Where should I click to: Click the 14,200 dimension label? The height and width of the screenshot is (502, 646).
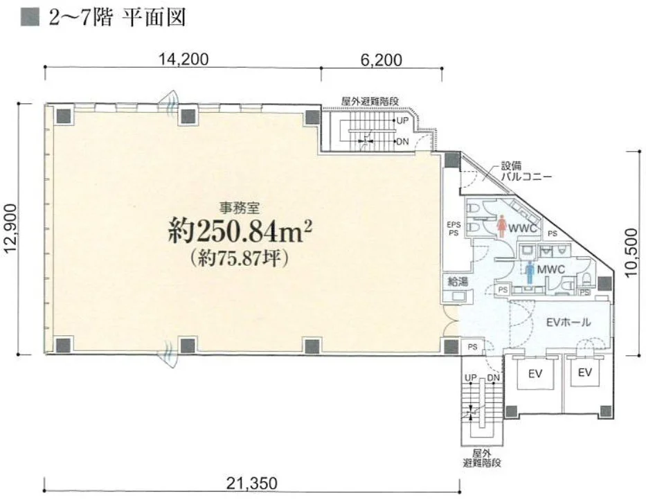[x=183, y=60]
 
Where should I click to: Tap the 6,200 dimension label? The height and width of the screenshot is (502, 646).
[x=381, y=60]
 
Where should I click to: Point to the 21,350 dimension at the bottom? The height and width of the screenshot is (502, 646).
[x=252, y=483]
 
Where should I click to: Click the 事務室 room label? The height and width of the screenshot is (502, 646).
[x=239, y=209]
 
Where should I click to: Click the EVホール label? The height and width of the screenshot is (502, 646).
[x=568, y=322]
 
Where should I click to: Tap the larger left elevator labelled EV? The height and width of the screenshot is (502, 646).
[x=535, y=374]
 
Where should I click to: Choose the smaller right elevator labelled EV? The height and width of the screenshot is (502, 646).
[x=584, y=373]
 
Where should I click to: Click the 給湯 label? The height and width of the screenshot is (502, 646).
[x=458, y=282]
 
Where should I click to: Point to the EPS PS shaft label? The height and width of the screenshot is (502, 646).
[x=454, y=229]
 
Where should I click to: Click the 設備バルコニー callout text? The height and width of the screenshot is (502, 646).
[x=526, y=172]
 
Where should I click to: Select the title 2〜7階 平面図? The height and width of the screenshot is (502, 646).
[x=117, y=18]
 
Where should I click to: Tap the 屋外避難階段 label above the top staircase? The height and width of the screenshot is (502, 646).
[x=370, y=101]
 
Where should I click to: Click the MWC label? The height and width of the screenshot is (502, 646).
[x=551, y=270]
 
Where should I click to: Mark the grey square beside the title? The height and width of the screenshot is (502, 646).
[x=30, y=18]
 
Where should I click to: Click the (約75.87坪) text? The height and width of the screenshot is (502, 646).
[x=239, y=258]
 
